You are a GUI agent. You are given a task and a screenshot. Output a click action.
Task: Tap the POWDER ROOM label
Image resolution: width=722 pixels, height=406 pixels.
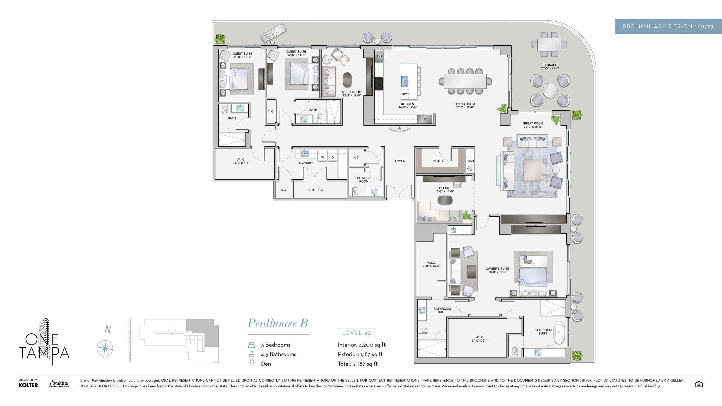(x=364, y=180)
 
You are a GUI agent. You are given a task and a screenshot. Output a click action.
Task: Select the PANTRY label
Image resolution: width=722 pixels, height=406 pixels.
(x=437, y=161)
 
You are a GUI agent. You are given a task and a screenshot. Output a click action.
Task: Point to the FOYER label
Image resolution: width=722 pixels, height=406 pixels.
(x=400, y=161)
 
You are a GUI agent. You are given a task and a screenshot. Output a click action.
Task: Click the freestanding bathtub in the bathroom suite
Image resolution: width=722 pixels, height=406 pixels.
(x=559, y=332)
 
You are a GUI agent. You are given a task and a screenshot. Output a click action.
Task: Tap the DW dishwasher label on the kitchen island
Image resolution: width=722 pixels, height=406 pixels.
(x=404, y=94)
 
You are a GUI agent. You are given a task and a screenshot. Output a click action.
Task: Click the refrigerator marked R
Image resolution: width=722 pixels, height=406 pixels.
(x=425, y=119)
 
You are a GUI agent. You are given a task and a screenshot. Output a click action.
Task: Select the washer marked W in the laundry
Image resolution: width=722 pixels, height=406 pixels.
(x=323, y=157)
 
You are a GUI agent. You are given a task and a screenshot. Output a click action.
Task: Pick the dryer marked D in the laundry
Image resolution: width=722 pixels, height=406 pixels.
(x=333, y=157)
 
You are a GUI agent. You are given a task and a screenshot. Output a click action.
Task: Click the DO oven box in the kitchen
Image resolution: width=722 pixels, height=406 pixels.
(x=379, y=56)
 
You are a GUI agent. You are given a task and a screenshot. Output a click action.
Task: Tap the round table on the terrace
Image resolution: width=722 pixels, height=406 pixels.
(x=550, y=90)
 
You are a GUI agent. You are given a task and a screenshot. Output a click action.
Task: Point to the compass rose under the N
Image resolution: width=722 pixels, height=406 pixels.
(x=105, y=349)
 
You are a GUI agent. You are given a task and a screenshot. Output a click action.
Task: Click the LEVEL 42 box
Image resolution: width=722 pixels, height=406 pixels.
(x=356, y=333)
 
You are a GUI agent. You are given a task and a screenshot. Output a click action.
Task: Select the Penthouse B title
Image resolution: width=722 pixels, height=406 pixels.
(x=278, y=323)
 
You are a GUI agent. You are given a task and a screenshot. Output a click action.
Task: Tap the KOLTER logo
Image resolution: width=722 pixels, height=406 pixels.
(x=28, y=385)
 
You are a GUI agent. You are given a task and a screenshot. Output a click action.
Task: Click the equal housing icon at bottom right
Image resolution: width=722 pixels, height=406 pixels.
(x=699, y=384)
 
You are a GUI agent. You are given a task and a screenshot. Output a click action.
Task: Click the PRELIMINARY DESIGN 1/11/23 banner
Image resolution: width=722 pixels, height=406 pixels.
(x=668, y=26)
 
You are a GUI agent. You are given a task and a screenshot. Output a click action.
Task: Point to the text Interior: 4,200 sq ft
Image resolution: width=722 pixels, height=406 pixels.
(x=362, y=345)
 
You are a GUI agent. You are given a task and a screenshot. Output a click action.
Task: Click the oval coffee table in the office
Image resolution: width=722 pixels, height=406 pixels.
(x=445, y=200)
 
